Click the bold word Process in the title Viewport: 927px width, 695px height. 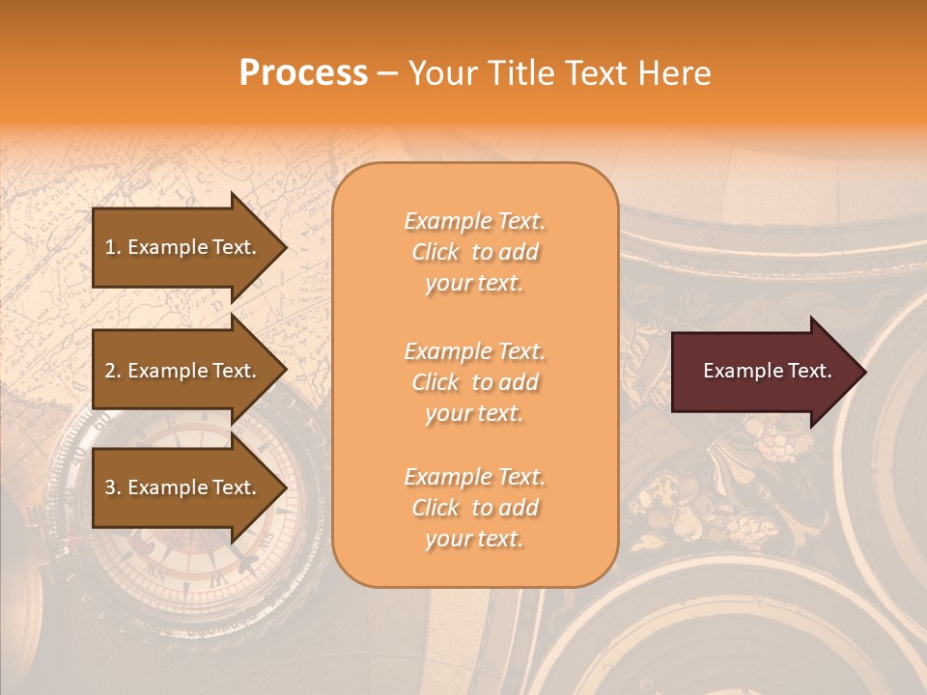303,73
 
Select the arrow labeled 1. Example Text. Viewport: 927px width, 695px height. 183,247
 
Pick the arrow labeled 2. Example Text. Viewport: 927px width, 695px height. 183,371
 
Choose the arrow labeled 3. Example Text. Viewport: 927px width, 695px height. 183,487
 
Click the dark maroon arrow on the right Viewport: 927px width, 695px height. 763,372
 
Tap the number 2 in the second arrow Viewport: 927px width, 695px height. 110,371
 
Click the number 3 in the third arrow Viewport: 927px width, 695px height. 110,487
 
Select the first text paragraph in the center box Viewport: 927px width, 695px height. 474,252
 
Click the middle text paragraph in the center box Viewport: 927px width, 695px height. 474,382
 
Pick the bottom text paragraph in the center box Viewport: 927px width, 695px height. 474,508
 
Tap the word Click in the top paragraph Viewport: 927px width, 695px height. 435,252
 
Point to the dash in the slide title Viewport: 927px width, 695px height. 387,74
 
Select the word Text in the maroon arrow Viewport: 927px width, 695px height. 810,371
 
